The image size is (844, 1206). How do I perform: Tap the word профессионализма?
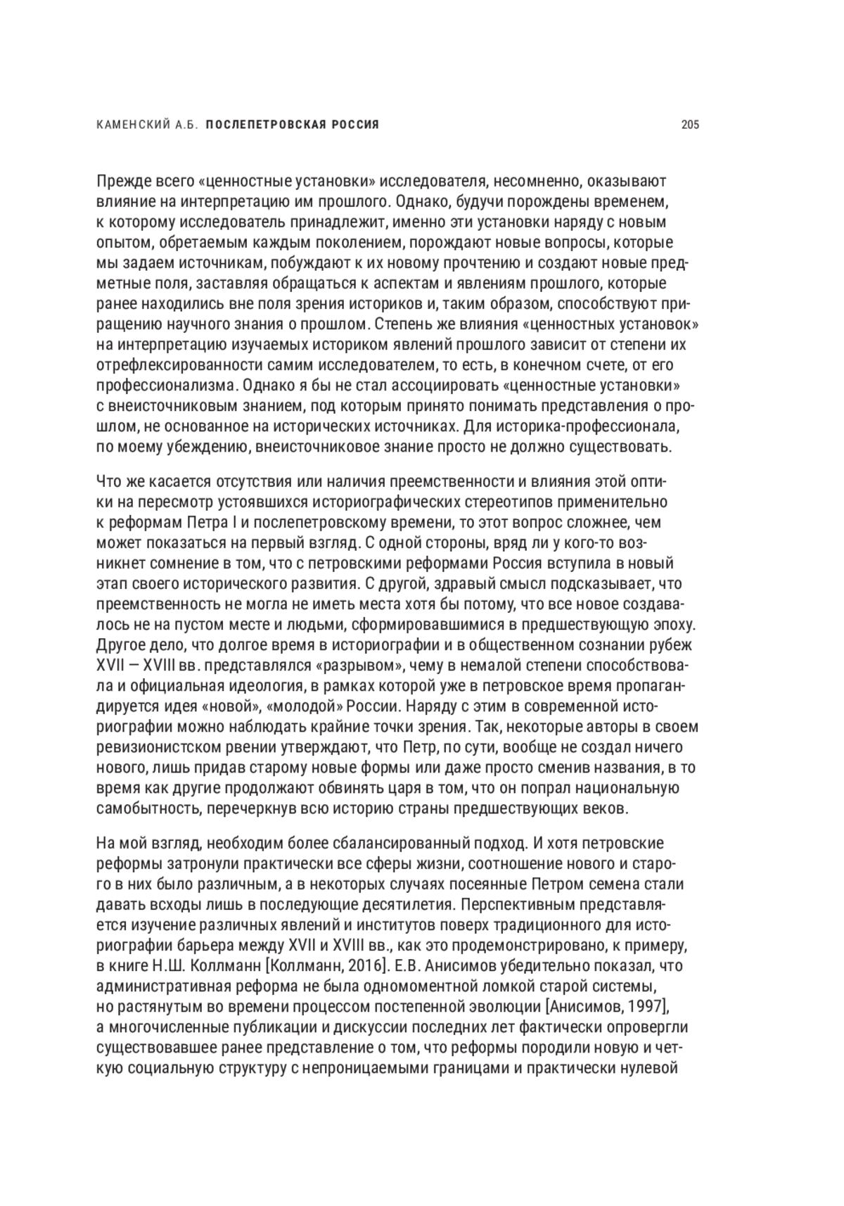(165, 386)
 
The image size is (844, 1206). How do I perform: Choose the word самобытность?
(147, 808)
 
